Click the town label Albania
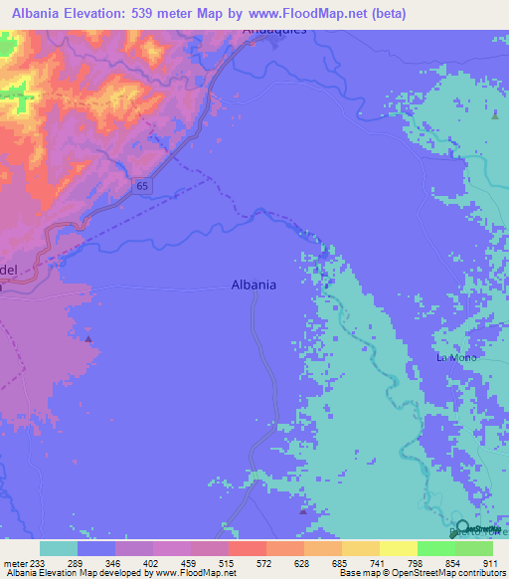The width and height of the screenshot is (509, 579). [254, 284]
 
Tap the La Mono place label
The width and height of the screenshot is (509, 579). [456, 357]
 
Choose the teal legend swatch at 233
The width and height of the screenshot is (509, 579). [59, 548]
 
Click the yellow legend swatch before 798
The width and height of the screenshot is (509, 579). [399, 548]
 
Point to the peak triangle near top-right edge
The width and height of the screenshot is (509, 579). [494, 115]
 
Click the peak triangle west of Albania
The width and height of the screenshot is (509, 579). [88, 339]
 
